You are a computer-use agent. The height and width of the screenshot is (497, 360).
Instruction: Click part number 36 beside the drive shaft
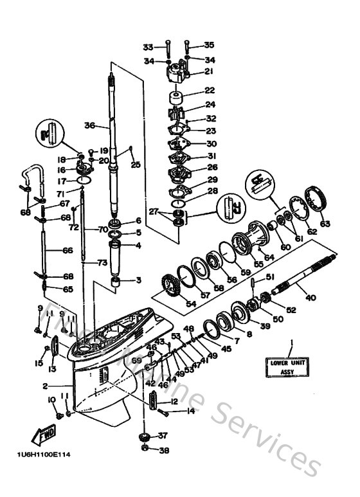pos(89,126)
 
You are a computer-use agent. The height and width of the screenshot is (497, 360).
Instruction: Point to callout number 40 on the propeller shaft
pos(310,297)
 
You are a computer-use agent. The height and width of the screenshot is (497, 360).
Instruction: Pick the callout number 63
pos(325,224)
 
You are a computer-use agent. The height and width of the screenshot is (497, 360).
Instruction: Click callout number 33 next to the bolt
pos(148,47)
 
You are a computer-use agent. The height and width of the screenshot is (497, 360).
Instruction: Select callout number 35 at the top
pos(208,46)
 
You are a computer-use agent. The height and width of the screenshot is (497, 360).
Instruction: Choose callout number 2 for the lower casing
pos(45,386)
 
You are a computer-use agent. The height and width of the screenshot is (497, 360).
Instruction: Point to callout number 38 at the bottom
pos(163,451)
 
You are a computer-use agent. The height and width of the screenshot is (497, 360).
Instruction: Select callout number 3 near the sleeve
pos(137,280)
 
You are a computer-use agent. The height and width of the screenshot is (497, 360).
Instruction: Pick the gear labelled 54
pos(169,283)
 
